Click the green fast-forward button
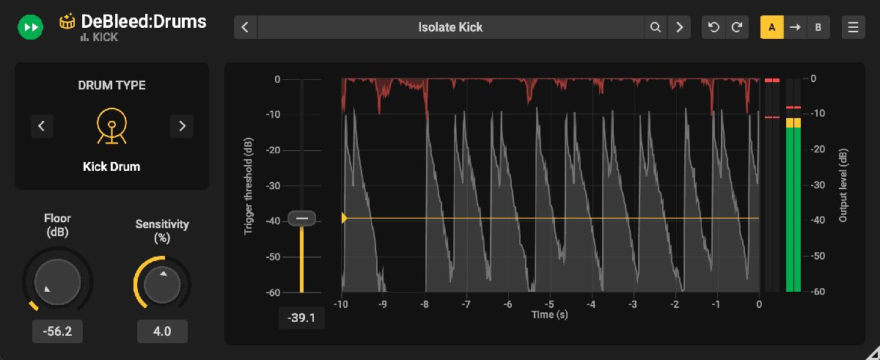pos(31,28)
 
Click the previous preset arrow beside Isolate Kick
pos(245,28)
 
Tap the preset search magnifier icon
pos(655,28)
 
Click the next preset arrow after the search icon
pos(680,28)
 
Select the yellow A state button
pos(771,28)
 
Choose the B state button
pos(818,28)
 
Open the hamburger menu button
pos(853,28)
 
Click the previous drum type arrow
pos(42,126)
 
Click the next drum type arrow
pos(182,126)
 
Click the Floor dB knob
pos(58,282)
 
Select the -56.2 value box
pos(57,331)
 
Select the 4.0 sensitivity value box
pos(162,331)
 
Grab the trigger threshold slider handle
pos(301,218)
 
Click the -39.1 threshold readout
pos(301,317)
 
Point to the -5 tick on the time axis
pos(550,304)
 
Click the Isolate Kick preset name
pos(450,28)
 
